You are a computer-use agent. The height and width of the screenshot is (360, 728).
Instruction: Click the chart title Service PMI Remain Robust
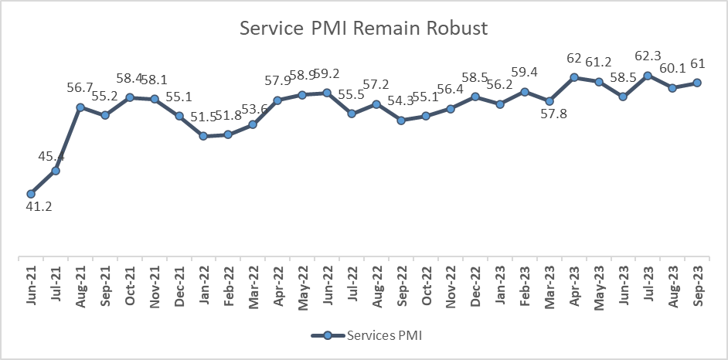point(364,29)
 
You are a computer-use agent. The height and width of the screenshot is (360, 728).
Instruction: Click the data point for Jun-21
point(31,194)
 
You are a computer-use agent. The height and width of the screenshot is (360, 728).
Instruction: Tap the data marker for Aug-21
point(80,107)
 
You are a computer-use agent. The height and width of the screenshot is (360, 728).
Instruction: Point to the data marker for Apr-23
point(574,77)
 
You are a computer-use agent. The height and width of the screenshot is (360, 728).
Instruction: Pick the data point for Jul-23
point(648,76)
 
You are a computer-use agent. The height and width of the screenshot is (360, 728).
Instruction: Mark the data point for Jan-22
point(203,136)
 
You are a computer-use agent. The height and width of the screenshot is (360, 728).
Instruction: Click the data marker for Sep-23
point(697,83)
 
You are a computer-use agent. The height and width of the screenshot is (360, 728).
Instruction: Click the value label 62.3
point(648,59)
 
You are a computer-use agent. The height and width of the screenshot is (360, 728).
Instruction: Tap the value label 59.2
point(327,77)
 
